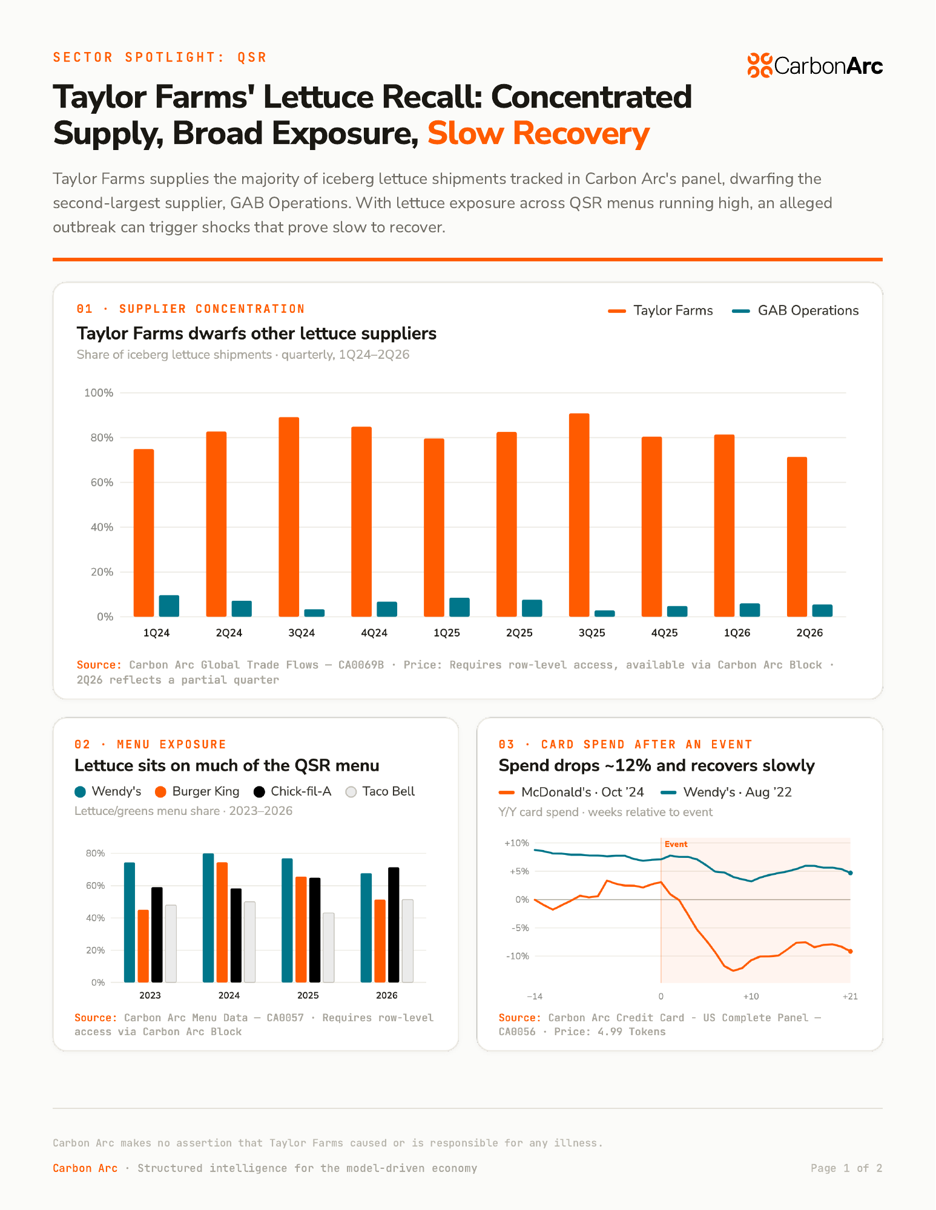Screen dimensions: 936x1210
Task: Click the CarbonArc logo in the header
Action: (815, 65)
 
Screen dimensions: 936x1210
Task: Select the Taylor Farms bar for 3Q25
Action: (579, 515)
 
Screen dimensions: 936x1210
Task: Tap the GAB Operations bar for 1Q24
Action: (169, 606)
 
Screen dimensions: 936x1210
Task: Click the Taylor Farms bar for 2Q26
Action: (797, 537)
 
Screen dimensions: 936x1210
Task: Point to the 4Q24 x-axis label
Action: (374, 633)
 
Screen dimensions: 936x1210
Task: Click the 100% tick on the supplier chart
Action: (99, 393)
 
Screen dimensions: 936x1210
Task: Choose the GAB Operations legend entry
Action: (796, 310)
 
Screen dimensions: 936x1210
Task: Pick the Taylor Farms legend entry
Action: (661, 310)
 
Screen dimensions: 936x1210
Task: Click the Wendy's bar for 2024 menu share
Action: (208, 918)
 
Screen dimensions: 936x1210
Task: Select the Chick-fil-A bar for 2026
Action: (394, 924)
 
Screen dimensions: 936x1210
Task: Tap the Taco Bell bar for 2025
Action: (328, 947)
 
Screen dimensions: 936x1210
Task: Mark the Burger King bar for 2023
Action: (143, 946)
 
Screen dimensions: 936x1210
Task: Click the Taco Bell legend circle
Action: (351, 792)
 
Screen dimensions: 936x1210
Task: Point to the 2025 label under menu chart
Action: (308, 995)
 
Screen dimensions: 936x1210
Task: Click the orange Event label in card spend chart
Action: (676, 844)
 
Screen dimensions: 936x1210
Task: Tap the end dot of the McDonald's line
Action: (850, 951)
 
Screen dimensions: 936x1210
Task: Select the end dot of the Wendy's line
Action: (850, 873)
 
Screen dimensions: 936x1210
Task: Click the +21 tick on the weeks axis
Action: (850, 996)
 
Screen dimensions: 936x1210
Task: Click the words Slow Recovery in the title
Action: (538, 134)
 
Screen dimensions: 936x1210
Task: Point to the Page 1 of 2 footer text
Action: (846, 1168)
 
